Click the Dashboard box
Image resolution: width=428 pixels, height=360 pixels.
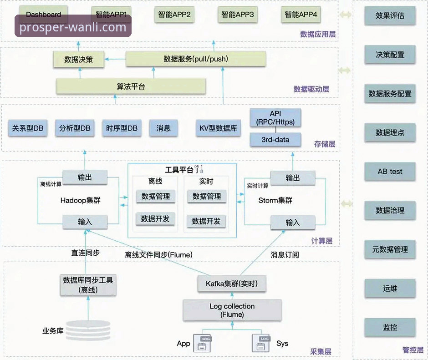[44, 15]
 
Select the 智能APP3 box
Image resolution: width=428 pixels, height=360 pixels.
[237, 15]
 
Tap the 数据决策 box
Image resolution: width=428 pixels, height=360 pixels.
[79, 59]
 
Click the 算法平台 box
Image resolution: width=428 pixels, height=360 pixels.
[131, 86]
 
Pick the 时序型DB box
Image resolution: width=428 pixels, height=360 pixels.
[122, 128]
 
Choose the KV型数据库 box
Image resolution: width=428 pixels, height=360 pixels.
[218, 128]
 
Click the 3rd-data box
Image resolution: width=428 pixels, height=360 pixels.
[275, 140]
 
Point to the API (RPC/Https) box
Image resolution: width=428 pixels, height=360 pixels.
[275, 117]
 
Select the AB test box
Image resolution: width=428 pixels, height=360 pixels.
[390, 172]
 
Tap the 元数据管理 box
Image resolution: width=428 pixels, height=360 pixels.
[390, 249]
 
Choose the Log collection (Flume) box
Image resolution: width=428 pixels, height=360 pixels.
[232, 310]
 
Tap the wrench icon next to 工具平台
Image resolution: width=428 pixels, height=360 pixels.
[199, 170]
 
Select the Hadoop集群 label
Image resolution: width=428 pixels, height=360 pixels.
[80, 200]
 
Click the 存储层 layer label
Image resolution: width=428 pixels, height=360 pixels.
[325, 144]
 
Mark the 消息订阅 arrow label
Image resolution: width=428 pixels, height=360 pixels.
[285, 254]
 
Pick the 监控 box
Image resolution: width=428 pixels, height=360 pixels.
[390, 327]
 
